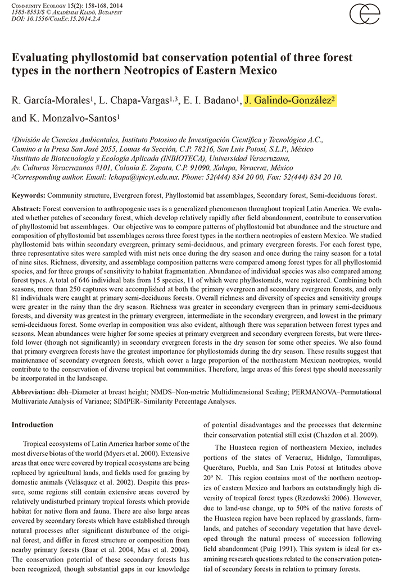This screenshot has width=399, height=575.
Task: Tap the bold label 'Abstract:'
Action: (26, 208)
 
